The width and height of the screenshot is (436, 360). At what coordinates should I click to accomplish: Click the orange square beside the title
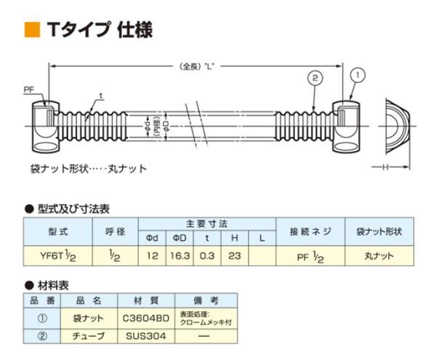click(31, 29)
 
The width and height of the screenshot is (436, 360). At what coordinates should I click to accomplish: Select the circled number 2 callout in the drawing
click(314, 78)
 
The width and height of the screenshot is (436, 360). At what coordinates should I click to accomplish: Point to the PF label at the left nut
click(29, 89)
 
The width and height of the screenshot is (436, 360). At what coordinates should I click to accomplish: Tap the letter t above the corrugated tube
click(102, 96)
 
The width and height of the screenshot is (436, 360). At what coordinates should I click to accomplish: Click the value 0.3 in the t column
click(208, 256)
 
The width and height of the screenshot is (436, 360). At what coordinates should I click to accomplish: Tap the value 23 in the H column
click(235, 256)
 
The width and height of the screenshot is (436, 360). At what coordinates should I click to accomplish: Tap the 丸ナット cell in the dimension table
click(378, 256)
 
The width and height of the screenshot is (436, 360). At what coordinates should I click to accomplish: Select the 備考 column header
click(206, 300)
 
